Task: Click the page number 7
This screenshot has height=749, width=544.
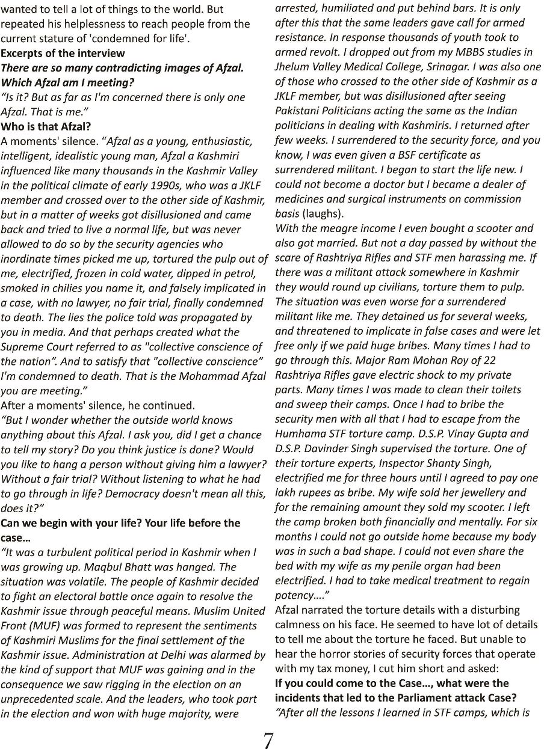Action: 268,741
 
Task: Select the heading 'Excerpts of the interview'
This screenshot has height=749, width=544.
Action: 63,53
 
